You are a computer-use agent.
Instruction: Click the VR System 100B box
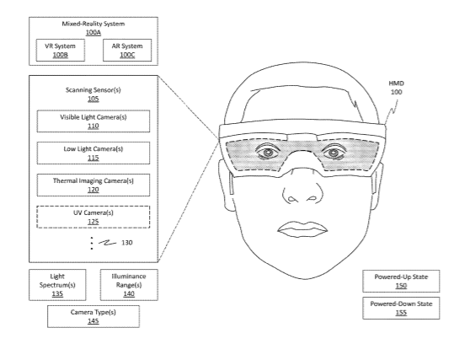[61, 50]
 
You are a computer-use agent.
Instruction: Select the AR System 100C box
[127, 50]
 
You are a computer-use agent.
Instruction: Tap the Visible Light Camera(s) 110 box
[93, 121]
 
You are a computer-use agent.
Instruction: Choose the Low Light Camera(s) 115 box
[93, 153]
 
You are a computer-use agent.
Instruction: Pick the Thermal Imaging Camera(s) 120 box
[93, 185]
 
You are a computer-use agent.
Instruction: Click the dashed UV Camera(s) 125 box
[93, 217]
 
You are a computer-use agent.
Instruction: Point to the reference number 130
[127, 243]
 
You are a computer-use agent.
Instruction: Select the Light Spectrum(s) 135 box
[57, 285]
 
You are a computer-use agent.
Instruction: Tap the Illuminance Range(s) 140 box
[129, 285]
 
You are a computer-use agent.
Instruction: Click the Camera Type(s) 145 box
[93, 316]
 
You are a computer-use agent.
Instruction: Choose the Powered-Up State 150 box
[401, 281]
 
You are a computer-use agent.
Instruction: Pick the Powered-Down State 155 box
[401, 308]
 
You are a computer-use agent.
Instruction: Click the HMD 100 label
[396, 88]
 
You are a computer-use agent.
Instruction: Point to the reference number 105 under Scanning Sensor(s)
[93, 99]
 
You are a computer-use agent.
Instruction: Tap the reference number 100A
[93, 32]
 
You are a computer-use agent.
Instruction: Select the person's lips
[302, 229]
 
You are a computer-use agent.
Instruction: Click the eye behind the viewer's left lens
[269, 153]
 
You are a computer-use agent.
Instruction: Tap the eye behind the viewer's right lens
[334, 153]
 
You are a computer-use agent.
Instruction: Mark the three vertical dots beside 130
[92, 244]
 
